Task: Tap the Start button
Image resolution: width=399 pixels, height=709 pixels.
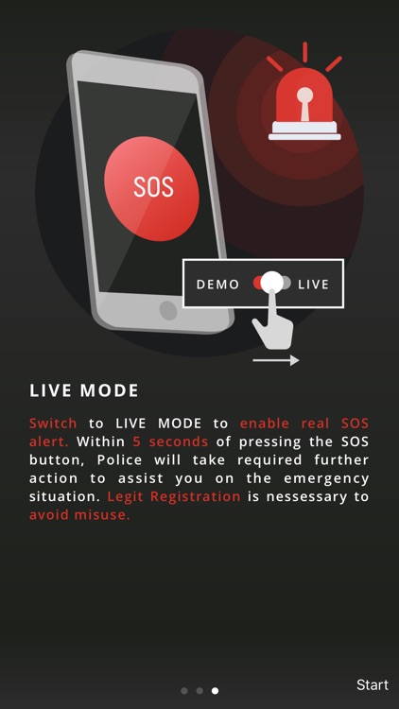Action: coord(372,684)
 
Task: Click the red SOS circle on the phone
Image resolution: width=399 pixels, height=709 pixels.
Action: coord(151,186)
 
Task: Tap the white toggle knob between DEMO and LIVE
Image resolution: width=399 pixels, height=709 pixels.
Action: coord(272,283)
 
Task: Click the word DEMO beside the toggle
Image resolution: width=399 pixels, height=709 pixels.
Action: coord(218,284)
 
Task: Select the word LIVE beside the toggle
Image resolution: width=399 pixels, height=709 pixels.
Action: coord(313,284)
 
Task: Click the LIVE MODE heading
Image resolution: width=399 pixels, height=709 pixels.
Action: coord(84,390)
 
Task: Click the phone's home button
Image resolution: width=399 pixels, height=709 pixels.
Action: coord(168,309)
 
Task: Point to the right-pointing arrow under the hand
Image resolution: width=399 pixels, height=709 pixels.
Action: coord(276,360)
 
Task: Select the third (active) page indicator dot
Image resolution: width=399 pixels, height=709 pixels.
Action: coord(216,691)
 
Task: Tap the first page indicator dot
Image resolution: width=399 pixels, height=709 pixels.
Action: coord(183,691)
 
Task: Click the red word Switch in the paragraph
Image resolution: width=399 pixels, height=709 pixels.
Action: coord(53,424)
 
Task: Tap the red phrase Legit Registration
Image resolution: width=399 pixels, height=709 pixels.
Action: coord(174,496)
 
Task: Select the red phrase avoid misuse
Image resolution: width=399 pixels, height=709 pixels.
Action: coord(79,514)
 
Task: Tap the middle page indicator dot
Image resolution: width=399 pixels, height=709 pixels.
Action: coord(199,691)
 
